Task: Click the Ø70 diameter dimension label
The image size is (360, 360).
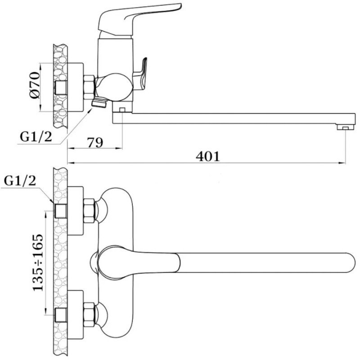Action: click(35, 85)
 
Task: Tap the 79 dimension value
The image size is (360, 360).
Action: click(95, 143)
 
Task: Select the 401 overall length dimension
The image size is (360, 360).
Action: click(208, 157)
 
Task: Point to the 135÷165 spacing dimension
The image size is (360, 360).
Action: click(38, 263)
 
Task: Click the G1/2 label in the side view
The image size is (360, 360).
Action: click(36, 137)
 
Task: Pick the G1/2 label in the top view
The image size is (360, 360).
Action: click(20, 181)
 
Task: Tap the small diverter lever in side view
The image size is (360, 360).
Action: click(140, 74)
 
